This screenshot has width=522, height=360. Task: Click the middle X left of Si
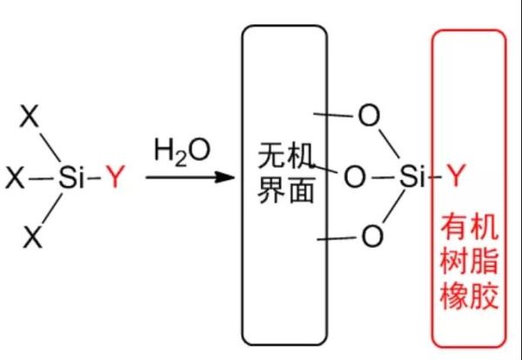tap(16, 179)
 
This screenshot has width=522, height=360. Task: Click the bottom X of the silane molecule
tap(33, 235)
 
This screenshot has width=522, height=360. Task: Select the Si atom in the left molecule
tap(72, 179)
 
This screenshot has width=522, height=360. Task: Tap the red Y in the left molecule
tap(115, 179)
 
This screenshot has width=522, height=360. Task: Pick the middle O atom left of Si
tap(355, 178)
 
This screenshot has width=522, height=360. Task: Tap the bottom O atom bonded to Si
tap(371, 235)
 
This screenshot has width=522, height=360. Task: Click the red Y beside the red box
tap(455, 178)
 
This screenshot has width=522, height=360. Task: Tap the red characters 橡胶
tap(469, 297)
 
